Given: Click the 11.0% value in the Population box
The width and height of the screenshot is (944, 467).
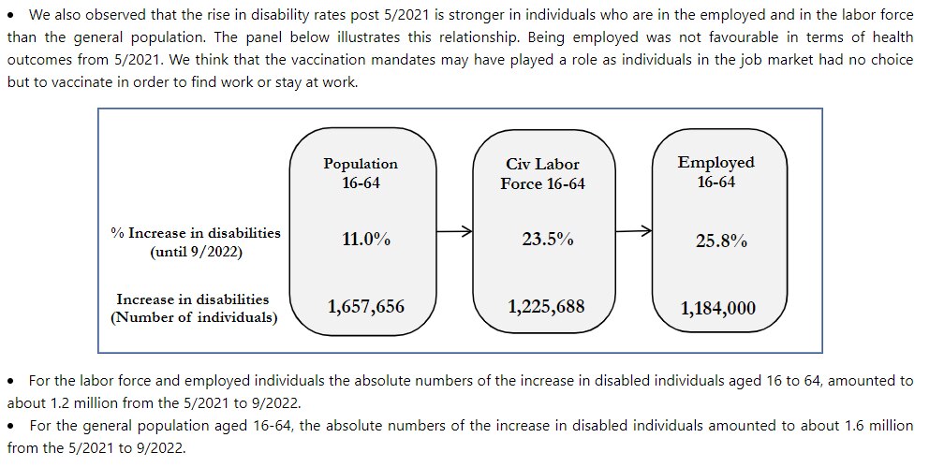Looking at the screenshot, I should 365,239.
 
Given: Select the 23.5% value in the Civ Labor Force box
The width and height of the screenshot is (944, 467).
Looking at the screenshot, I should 547,239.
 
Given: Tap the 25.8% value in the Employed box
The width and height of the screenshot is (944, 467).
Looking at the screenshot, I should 720,241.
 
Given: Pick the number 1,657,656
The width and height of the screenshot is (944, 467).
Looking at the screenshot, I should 365,305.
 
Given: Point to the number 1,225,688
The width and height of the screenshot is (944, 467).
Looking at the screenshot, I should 547,305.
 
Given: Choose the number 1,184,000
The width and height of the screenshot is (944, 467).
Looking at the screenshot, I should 717,308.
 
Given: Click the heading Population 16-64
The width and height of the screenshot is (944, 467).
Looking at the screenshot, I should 361,172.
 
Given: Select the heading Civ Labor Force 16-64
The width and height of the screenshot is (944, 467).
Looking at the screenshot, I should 542,174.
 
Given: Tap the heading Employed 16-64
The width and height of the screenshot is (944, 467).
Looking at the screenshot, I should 715,171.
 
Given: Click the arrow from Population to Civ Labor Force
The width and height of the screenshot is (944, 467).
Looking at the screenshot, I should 453,232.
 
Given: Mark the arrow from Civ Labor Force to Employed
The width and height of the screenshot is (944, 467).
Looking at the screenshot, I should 633,231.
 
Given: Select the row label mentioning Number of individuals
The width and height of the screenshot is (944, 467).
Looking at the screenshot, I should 193,309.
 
